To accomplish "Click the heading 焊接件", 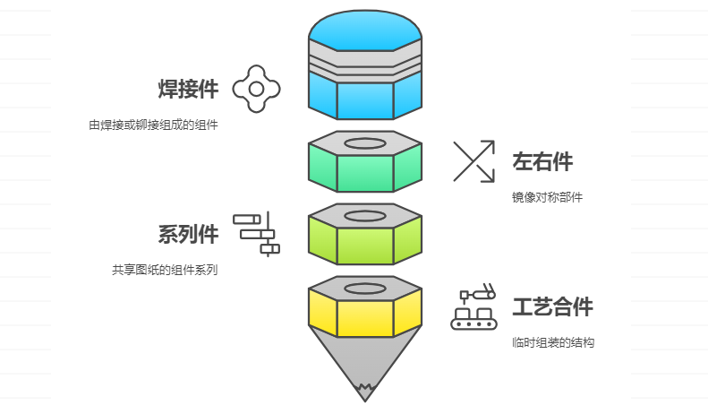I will pos(188,89).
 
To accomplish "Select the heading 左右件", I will pos(542,161).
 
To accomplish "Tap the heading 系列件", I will pos(188,234).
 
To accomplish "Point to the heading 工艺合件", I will pos(552,307).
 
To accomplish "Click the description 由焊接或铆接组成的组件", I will pos(153,125).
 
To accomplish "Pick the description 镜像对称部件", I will pos(547,197).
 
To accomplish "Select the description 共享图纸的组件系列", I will pos(165,270).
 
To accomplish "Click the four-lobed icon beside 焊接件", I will pos(256,89).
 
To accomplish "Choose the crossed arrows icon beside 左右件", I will pos(473,161).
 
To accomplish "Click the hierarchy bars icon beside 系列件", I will pos(257,234).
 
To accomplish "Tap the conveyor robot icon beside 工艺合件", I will pos(474,307).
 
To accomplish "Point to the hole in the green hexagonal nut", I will pos(364,143).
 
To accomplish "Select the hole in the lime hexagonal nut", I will pos(364,216).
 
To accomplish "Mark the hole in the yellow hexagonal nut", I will pos(364,289).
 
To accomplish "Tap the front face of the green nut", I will pos(364,173).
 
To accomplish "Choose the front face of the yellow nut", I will pos(364,318).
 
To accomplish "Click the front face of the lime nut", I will pos(364,246).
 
